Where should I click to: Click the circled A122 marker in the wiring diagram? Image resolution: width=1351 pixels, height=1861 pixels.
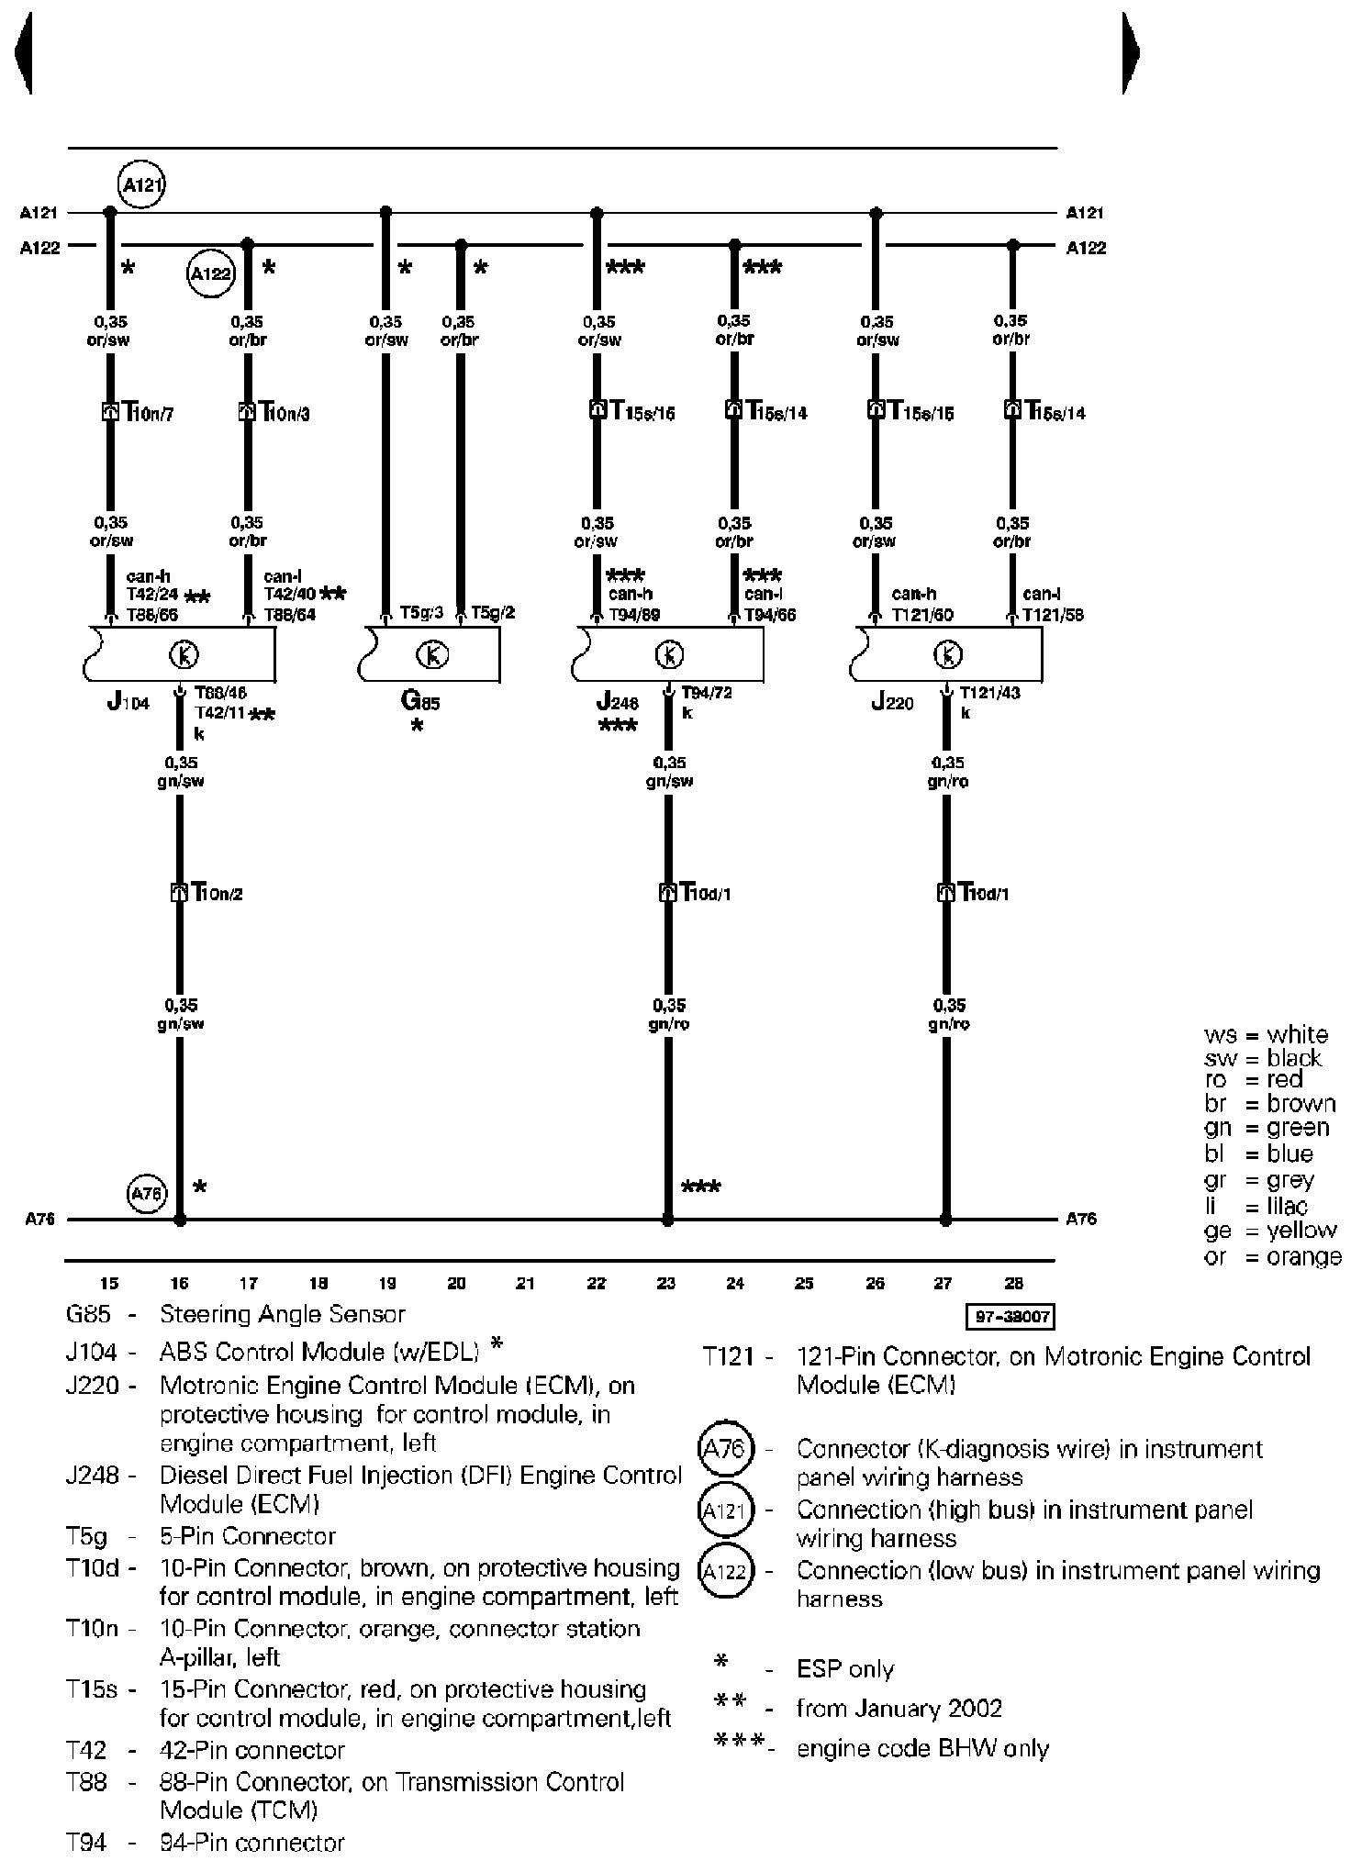211,274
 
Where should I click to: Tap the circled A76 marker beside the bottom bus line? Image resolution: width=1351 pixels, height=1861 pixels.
147,1193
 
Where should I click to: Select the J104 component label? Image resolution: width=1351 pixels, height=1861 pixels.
128,703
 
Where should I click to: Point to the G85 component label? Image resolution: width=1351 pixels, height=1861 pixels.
420,703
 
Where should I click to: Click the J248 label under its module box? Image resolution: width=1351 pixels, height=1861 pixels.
616,703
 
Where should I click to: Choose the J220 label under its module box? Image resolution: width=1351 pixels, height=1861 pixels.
892,703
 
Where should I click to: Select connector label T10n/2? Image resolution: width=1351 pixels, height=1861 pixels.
216,892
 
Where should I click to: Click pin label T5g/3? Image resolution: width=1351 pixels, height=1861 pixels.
422,612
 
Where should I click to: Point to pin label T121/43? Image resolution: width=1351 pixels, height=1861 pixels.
989,693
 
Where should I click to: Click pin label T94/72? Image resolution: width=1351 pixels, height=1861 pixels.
707,693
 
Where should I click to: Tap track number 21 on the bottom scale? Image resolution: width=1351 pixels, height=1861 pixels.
525,1284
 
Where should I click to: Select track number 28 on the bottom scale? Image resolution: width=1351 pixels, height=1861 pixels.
1013,1284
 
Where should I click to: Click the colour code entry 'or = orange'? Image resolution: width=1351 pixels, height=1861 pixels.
1272,1256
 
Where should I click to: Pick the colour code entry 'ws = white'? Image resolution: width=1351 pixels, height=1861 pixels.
1266,1035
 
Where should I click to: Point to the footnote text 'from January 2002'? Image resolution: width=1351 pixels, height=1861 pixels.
899,1709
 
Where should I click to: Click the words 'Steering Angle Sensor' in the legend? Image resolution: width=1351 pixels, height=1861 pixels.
283,1314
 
